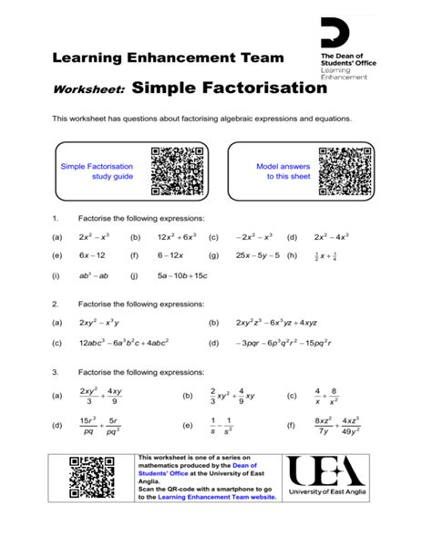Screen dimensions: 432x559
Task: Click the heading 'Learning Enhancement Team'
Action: (167, 58)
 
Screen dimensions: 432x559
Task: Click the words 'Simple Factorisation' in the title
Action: (229, 88)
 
